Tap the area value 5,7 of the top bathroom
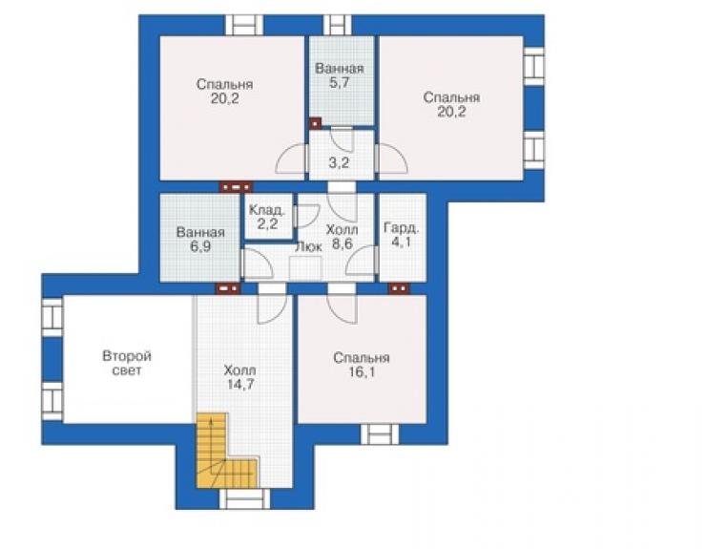tap(339, 83)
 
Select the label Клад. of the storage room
tap(267, 210)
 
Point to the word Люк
tap(308, 246)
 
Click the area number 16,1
tap(362, 372)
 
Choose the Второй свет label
tap(127, 364)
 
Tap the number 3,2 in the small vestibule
tap(339, 162)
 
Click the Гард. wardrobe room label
tap(401, 227)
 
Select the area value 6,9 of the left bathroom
tap(200, 247)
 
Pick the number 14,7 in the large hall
tap(240, 385)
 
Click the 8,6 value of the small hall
tap(343, 243)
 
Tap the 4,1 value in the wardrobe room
tap(401, 243)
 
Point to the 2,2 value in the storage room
tap(267, 223)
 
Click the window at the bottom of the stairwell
tap(244, 499)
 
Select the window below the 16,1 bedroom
tap(380, 434)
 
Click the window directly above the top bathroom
tap(337, 25)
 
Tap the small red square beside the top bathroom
tap(315, 123)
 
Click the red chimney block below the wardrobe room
tap(399, 288)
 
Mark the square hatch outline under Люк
tap(305, 268)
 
